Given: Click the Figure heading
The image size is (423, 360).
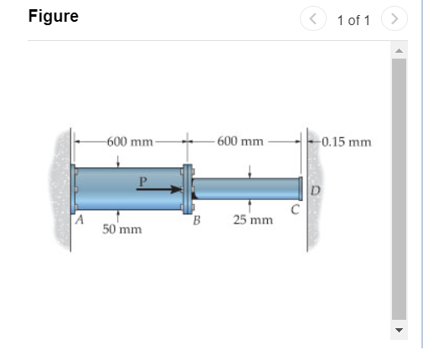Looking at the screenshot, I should [53, 17].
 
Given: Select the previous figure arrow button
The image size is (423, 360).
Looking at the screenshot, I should [315, 18].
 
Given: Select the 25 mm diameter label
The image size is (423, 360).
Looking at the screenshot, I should [254, 220].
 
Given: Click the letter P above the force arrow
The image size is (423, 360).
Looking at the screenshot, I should [143, 178].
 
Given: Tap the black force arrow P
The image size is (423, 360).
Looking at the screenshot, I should [159, 190].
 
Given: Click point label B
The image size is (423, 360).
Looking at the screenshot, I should [197, 221].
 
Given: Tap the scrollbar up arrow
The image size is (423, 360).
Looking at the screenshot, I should [399, 52].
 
